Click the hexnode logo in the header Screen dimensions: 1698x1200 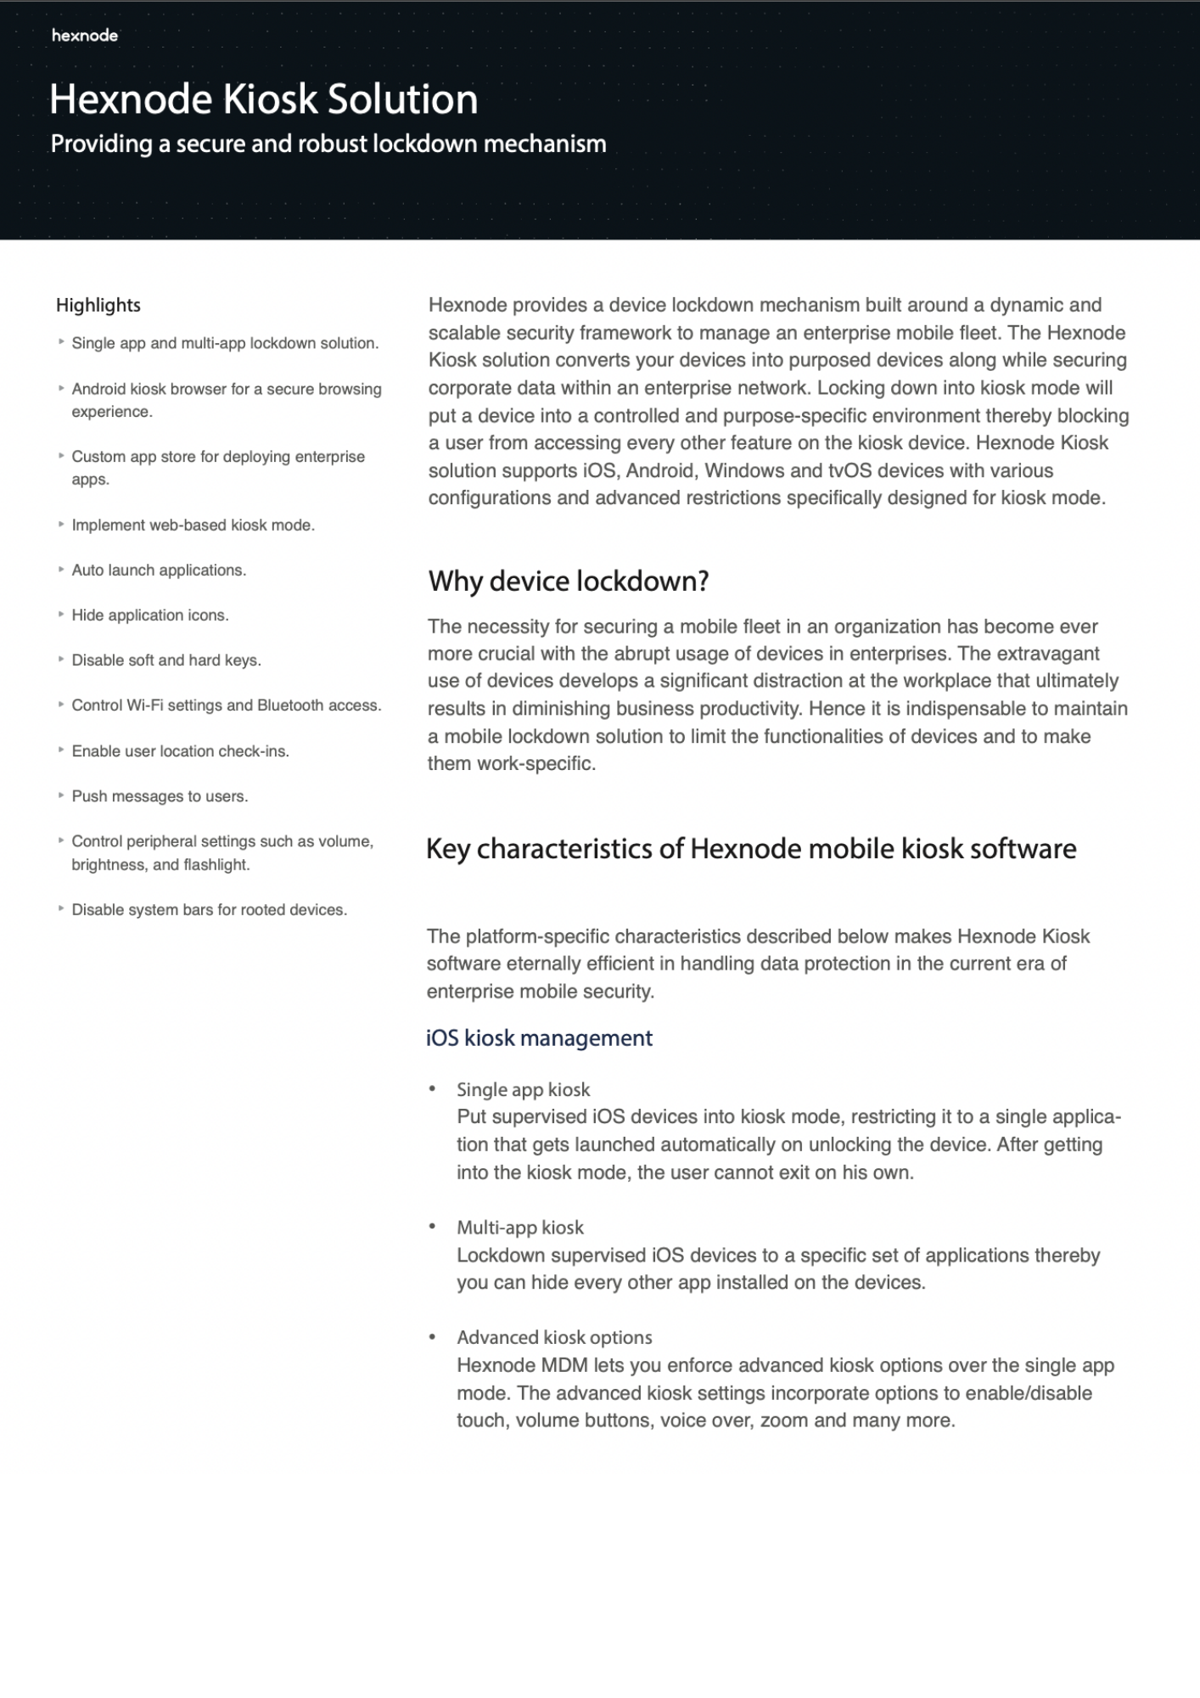84,35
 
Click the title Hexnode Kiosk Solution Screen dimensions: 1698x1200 263,99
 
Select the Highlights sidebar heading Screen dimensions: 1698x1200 98,305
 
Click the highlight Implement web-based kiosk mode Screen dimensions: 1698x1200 193,525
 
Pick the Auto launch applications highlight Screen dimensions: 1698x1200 159,570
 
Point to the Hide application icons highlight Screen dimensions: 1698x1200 150,615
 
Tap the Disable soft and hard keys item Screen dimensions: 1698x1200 166,660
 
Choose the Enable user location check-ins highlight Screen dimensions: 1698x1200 180,751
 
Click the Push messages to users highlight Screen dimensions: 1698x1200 160,796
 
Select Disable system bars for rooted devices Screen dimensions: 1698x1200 209,909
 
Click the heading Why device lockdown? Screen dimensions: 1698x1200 568,581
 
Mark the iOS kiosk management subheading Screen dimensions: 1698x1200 539,1037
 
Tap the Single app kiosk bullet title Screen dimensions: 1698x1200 523,1089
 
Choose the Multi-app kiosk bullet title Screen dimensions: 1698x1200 520,1227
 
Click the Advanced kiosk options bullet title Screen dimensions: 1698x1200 554,1337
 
